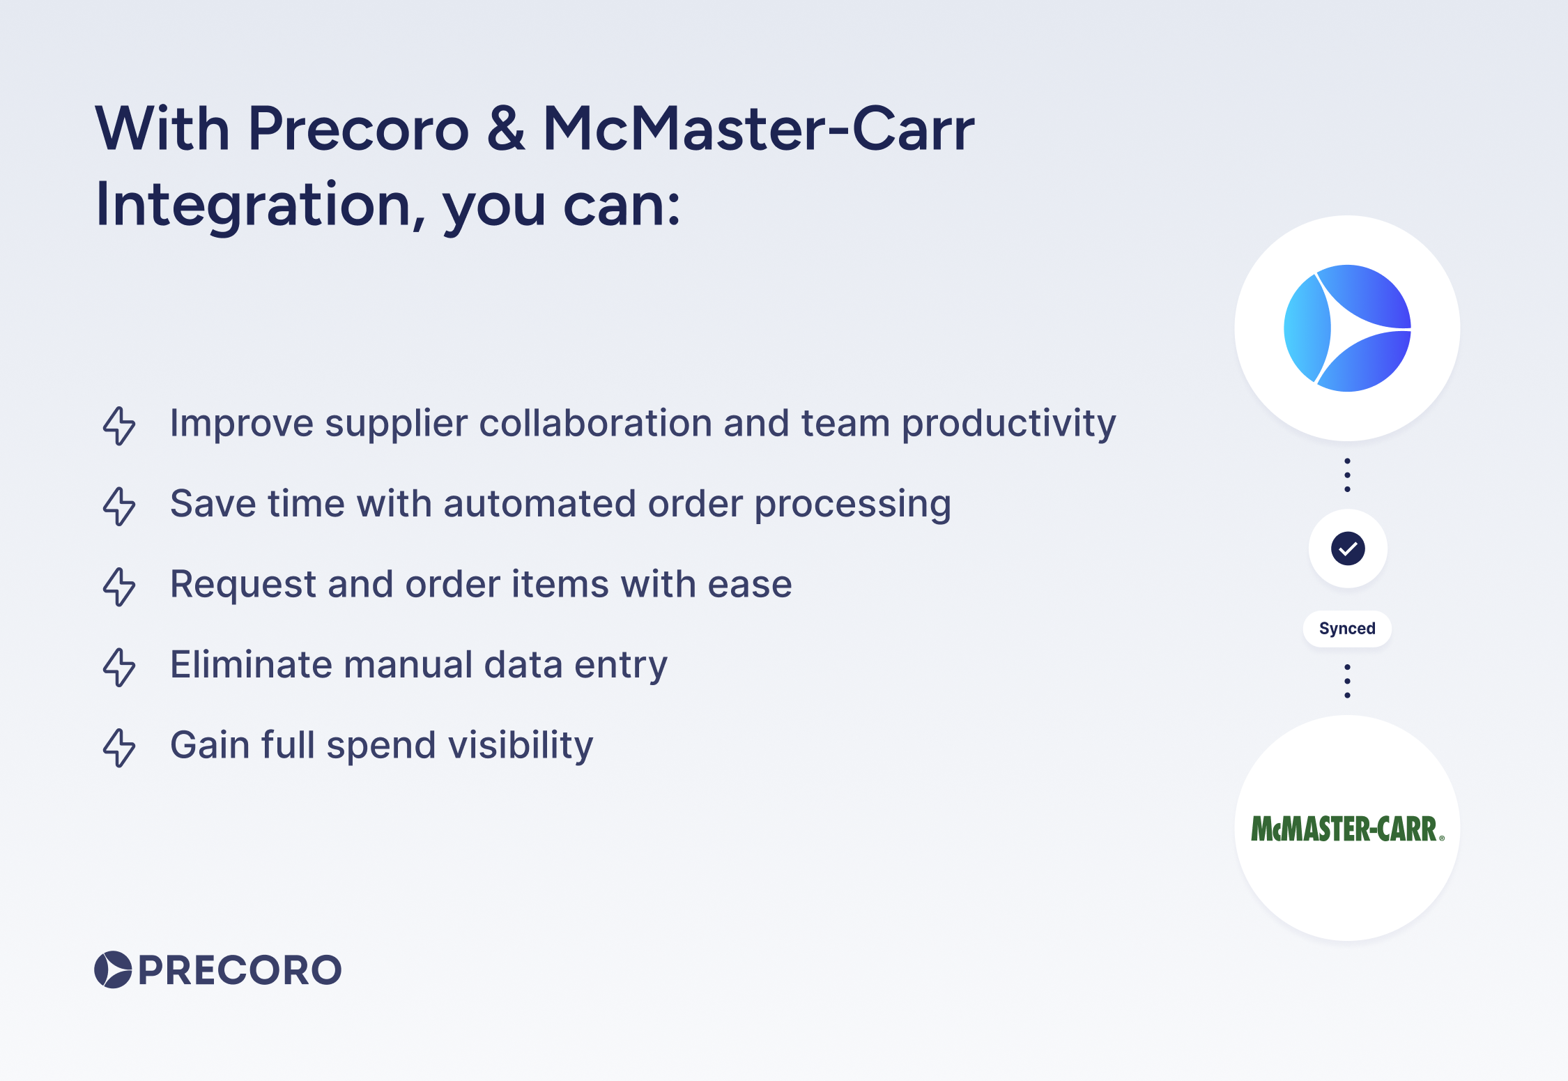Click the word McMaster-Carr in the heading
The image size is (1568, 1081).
point(758,129)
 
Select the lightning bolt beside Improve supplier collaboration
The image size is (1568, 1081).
point(119,425)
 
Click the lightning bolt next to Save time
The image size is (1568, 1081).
point(119,506)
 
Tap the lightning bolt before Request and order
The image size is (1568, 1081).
point(119,586)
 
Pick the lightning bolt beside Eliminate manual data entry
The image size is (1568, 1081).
point(119,667)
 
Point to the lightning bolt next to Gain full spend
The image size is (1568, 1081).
point(119,747)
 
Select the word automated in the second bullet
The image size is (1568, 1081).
point(539,504)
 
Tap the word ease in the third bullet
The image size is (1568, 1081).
point(750,584)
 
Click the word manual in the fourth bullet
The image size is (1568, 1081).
point(408,665)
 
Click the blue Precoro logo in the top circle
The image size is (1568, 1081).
point(1347,328)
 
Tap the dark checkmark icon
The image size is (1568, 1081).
point(1348,549)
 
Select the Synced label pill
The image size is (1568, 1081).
point(1347,629)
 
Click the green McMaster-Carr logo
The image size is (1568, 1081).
point(1347,829)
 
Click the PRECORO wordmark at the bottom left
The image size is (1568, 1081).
point(240,970)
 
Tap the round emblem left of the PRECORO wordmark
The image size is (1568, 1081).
point(113,969)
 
